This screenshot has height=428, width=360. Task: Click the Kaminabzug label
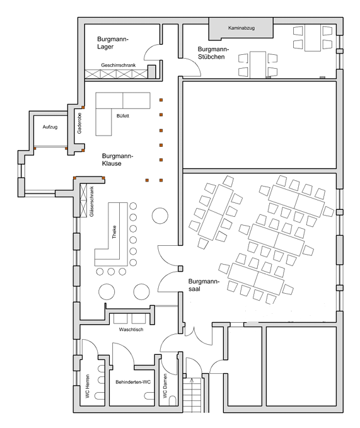click(x=241, y=28)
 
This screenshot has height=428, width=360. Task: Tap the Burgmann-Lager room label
click(x=112, y=43)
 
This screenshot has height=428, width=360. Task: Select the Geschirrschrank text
click(x=118, y=65)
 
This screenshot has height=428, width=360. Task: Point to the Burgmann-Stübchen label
click(x=213, y=53)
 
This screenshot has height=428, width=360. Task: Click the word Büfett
click(x=122, y=116)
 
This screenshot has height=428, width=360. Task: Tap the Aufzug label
click(x=50, y=127)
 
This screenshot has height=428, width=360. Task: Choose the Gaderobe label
click(x=79, y=123)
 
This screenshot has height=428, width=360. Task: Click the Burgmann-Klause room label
click(x=117, y=159)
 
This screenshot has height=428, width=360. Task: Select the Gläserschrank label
click(x=91, y=202)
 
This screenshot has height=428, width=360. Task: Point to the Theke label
click(x=114, y=232)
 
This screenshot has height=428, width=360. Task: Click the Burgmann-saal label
click(x=204, y=285)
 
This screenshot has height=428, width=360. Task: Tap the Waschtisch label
click(x=131, y=330)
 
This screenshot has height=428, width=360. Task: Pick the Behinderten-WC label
click(x=133, y=382)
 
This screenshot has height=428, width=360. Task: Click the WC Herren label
click(x=88, y=386)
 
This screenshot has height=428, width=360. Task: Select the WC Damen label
click(x=165, y=386)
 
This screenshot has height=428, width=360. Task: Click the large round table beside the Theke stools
click(x=160, y=216)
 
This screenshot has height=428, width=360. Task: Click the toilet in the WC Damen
click(x=173, y=401)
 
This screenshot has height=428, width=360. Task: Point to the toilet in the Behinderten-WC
click(x=149, y=396)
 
